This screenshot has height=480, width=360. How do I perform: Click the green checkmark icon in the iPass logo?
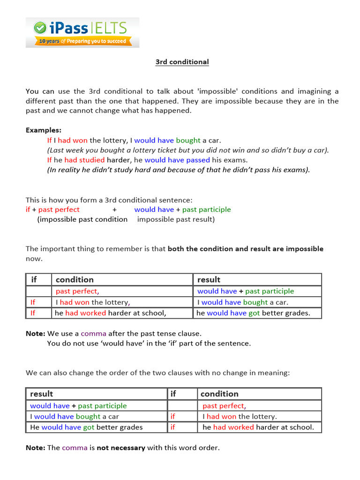tap(40, 28)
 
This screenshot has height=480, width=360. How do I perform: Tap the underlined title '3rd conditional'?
tap(182, 62)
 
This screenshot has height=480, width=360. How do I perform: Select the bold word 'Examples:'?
tap(43, 130)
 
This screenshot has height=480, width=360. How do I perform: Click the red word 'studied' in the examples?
tap(91, 160)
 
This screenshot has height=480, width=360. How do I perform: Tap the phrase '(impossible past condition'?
tap(82, 219)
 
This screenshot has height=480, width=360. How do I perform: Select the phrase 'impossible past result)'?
tap(176, 219)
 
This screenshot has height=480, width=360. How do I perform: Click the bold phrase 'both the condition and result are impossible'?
tap(246, 249)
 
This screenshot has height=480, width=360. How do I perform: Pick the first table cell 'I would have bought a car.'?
tap(243, 302)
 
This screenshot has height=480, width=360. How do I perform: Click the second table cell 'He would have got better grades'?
tap(86, 427)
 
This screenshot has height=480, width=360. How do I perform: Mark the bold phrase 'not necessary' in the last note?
tap(121, 448)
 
